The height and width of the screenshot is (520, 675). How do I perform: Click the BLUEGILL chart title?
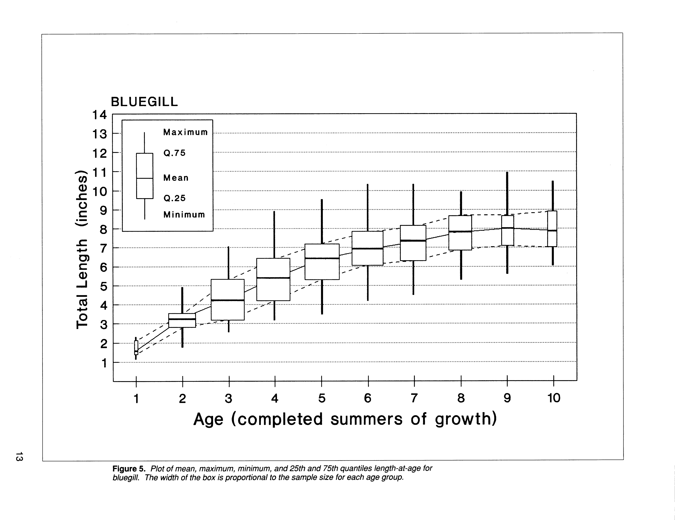pyautogui.click(x=144, y=102)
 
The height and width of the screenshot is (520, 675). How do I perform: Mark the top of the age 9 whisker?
pyautogui.click(x=507, y=173)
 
